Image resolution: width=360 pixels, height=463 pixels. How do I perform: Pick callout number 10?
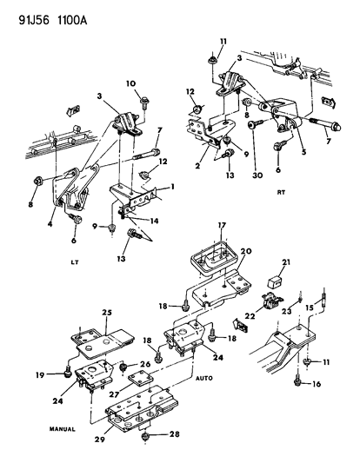[x=131, y=84]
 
